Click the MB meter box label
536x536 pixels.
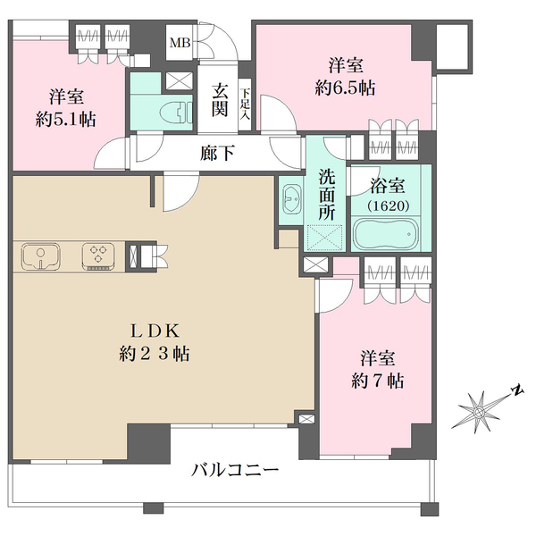[180, 44]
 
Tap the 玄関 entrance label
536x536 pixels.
[220, 100]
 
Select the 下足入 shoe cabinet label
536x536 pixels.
[245, 104]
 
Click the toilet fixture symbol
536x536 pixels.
[176, 112]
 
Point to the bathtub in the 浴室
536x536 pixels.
[386, 233]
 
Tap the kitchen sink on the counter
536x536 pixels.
[41, 255]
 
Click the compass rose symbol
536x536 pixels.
[479, 412]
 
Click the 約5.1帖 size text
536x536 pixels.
[65, 120]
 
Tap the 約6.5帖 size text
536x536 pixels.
[345, 88]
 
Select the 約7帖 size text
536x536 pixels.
[377, 381]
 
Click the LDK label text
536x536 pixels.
[155, 331]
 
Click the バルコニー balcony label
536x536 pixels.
[235, 471]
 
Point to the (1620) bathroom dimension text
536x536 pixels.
[389, 205]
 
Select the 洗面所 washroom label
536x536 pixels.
[326, 195]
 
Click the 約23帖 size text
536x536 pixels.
[155, 354]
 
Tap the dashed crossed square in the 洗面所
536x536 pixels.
[325, 237]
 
